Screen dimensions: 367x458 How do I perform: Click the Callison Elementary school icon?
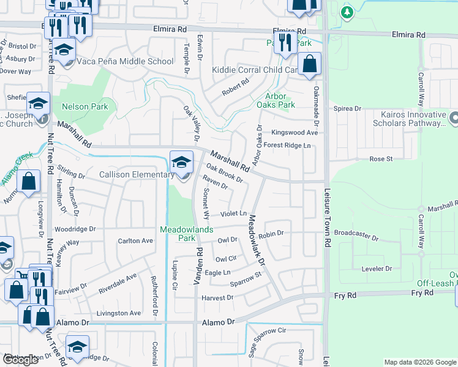coord(181,163)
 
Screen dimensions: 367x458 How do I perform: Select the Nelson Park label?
coord(84,106)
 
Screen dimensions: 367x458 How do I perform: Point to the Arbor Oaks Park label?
coord(280,100)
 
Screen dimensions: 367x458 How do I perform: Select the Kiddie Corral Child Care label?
coord(254,70)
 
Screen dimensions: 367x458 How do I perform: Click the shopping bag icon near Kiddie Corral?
coord(310,64)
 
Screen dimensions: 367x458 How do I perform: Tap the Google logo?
coord(20,360)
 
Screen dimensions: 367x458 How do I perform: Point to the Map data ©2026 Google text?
coord(419,362)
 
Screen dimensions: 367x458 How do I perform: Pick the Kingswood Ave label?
coord(295,132)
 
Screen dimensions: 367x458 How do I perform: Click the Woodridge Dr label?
coord(75,229)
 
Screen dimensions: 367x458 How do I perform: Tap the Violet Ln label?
coord(233,213)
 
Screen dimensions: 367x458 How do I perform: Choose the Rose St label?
coord(380,159)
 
